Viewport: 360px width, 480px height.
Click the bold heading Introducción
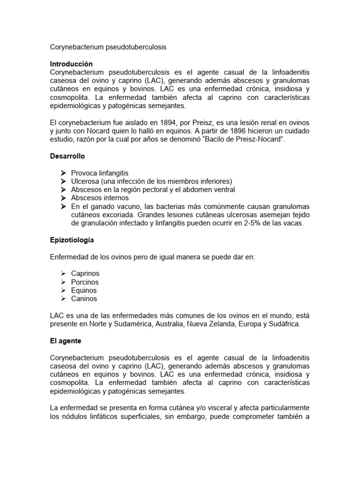pyautogui.click(x=71, y=64)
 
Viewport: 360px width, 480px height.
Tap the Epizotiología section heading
pyautogui.click(x=72, y=240)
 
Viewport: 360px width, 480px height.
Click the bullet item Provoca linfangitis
pyautogui.click(x=99, y=173)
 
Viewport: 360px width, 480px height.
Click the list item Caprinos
pyautogui.click(x=85, y=273)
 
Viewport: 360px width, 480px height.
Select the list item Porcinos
pyautogui.click(x=85, y=282)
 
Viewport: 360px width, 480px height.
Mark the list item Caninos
pyautogui.click(x=84, y=299)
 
